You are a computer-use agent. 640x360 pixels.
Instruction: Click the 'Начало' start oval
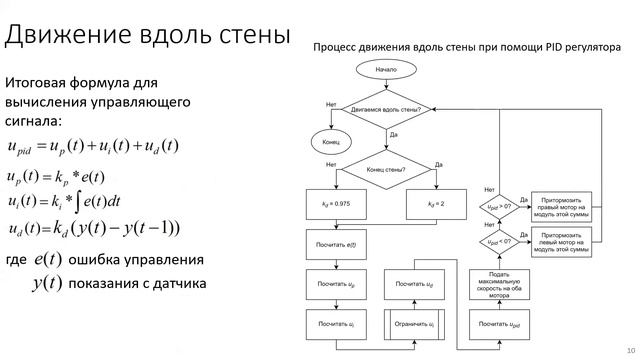pyautogui.click(x=386, y=71)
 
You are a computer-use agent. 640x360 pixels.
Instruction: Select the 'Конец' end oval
pyautogui.click(x=331, y=142)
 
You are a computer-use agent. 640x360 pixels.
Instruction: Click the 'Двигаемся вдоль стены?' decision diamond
pyautogui.click(x=386, y=109)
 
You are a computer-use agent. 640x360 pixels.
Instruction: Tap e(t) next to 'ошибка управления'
pyautogui.click(x=46, y=260)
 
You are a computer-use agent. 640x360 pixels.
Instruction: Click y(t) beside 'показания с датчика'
pyautogui.click(x=46, y=283)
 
